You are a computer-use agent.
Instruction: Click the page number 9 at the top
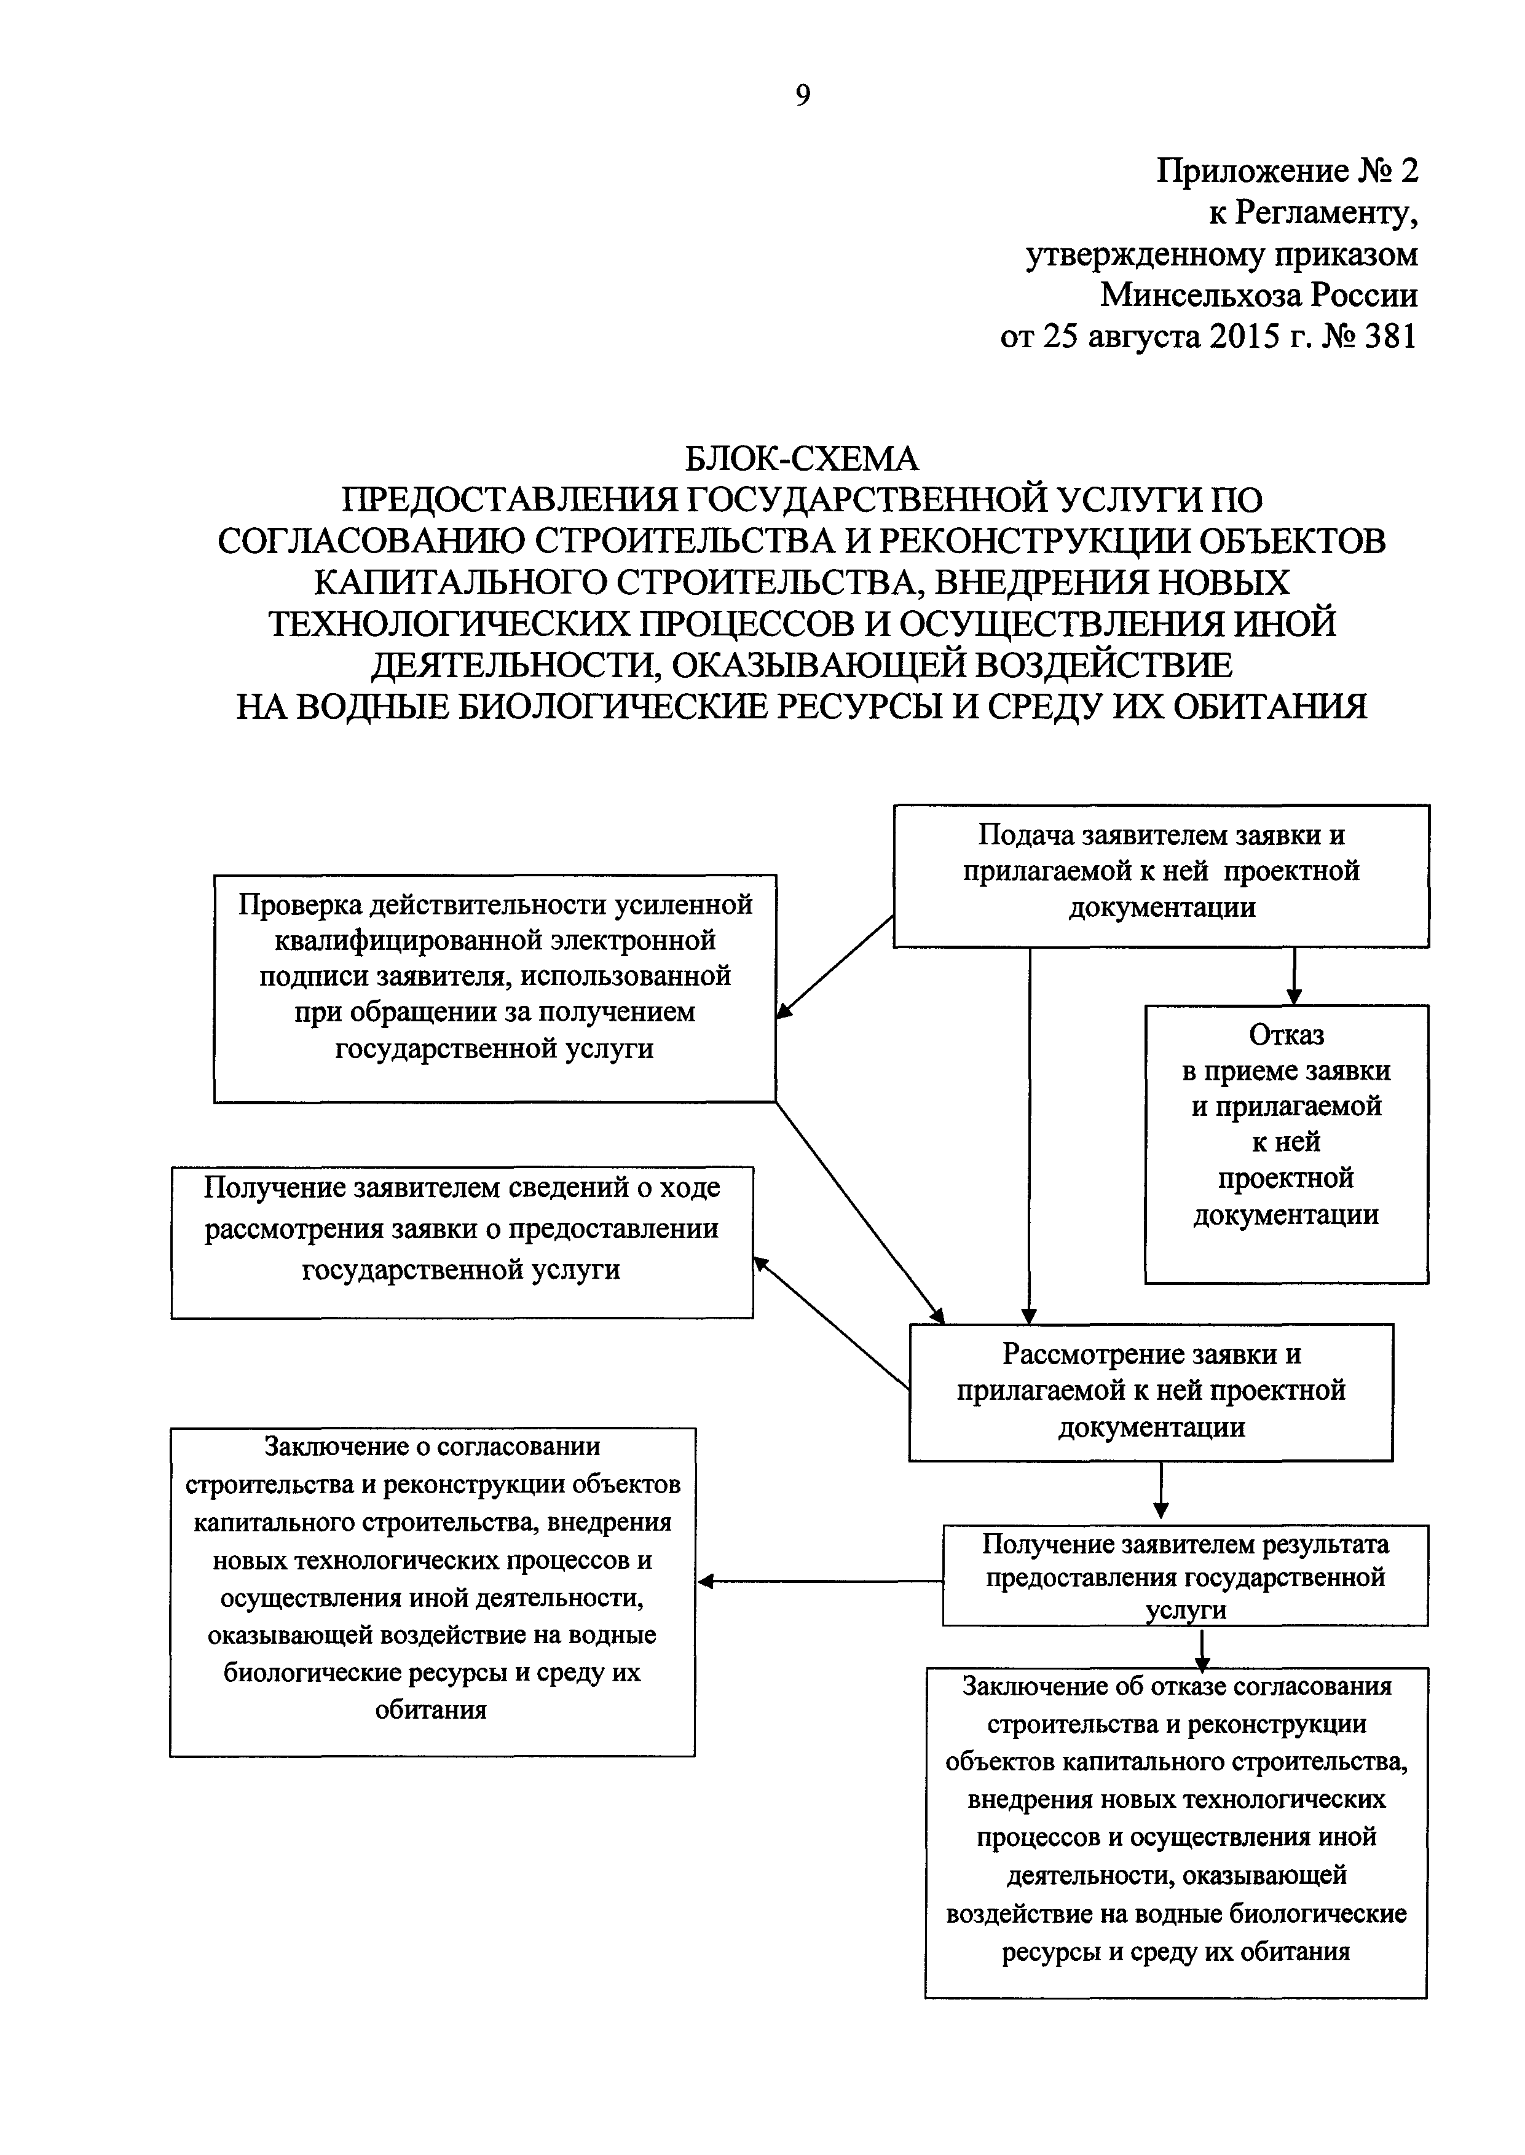(x=802, y=96)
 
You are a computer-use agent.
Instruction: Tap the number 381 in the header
(x=1388, y=336)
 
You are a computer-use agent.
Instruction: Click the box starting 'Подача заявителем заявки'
(x=1160, y=875)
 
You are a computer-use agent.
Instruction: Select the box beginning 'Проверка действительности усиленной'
(x=495, y=987)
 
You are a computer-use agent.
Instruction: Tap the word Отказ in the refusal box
(x=1287, y=1034)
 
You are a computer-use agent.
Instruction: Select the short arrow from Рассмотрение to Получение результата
(x=1162, y=1493)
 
